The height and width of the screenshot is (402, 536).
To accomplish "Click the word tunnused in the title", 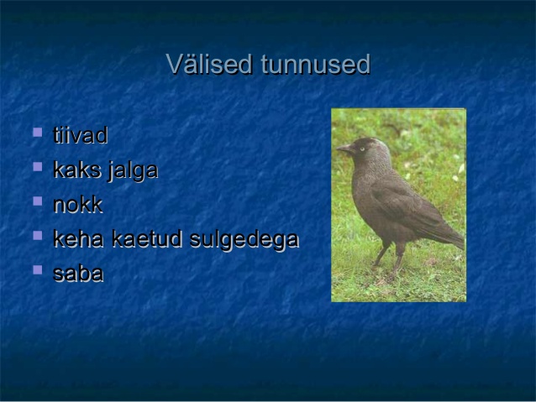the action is [316, 65].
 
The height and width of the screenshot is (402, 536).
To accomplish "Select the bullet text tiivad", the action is [81, 135].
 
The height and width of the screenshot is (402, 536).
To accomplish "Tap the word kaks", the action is [77, 170].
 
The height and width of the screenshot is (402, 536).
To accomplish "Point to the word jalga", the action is [133, 170].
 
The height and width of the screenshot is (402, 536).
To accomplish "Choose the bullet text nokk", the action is [78, 204].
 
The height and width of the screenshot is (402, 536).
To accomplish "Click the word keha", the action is [78, 238].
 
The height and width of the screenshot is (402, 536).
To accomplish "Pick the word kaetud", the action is [147, 238].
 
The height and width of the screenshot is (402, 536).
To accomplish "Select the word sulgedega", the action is [244, 240].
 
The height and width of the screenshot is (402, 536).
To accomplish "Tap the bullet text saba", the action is [78, 274].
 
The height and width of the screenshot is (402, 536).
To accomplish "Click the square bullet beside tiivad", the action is [38, 133].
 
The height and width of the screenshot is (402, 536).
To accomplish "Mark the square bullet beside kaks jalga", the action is [38, 167].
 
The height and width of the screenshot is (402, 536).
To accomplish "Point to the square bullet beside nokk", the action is [38, 201].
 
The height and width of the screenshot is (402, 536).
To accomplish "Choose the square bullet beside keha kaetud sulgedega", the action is [38, 236].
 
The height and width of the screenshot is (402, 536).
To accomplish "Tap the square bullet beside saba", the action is [38, 270].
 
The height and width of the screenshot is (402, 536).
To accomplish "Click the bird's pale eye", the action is [362, 149].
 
